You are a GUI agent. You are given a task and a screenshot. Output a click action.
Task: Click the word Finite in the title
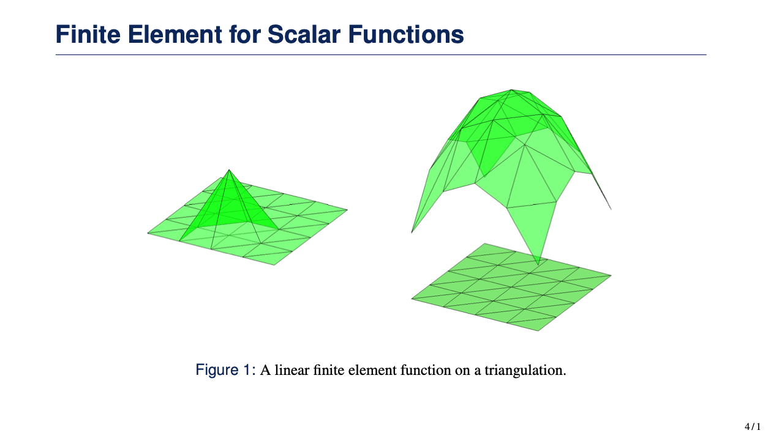(x=88, y=34)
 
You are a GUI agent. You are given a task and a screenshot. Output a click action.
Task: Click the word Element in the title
(x=175, y=34)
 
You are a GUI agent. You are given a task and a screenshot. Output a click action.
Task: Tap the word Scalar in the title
(x=304, y=34)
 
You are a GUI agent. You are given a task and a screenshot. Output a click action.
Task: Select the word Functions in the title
(x=406, y=34)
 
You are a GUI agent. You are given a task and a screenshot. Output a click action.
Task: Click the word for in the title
(x=245, y=34)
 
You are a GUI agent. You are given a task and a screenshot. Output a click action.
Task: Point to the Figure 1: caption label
(x=225, y=370)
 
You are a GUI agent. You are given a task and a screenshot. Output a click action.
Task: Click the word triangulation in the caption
(x=525, y=371)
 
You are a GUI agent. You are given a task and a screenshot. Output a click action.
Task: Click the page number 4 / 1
(x=753, y=426)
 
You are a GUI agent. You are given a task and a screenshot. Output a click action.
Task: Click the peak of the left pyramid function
(x=229, y=170)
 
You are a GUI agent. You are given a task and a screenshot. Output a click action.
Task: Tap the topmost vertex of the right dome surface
(x=512, y=90)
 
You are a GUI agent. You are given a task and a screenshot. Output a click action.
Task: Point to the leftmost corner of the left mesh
(x=148, y=234)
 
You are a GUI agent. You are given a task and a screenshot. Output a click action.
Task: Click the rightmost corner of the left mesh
(x=347, y=210)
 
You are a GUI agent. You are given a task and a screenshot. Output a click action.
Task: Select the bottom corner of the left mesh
(x=274, y=265)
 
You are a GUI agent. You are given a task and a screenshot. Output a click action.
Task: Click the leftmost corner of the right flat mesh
(x=412, y=298)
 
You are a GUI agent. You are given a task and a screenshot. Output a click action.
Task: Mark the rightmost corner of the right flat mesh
(x=611, y=275)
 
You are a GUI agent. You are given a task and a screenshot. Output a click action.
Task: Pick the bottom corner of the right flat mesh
(x=538, y=331)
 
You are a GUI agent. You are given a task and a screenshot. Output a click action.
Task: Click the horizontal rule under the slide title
(x=381, y=54)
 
